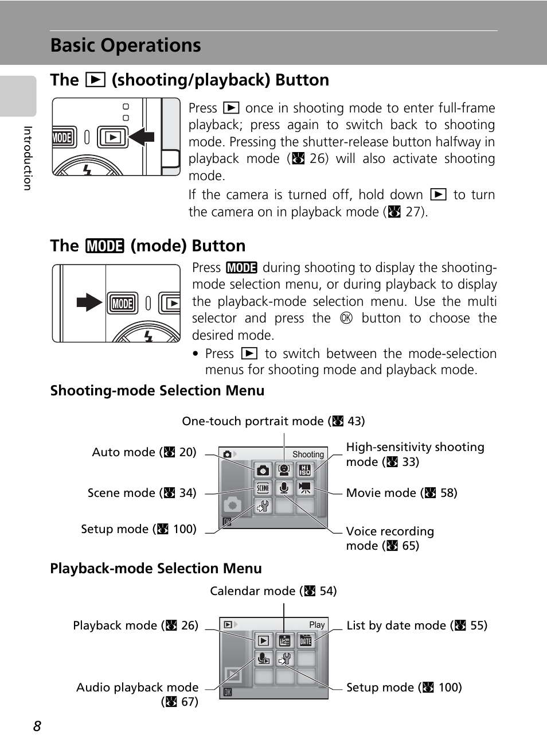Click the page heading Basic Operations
click(126, 45)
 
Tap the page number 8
click(37, 726)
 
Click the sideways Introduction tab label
click(27, 158)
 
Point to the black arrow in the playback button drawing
click(142, 137)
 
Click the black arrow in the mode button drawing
click(89, 302)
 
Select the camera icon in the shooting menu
click(263, 471)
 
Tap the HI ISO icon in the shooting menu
click(305, 471)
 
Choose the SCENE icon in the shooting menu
click(263, 488)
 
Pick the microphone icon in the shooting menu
click(284, 488)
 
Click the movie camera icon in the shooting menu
click(305, 488)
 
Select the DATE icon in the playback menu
click(306, 641)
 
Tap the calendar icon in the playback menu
click(284, 641)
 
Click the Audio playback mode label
click(138, 687)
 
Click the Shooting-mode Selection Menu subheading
click(157, 391)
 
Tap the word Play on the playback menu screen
click(317, 625)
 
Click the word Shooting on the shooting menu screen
click(308, 454)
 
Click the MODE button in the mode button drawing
click(123, 304)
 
